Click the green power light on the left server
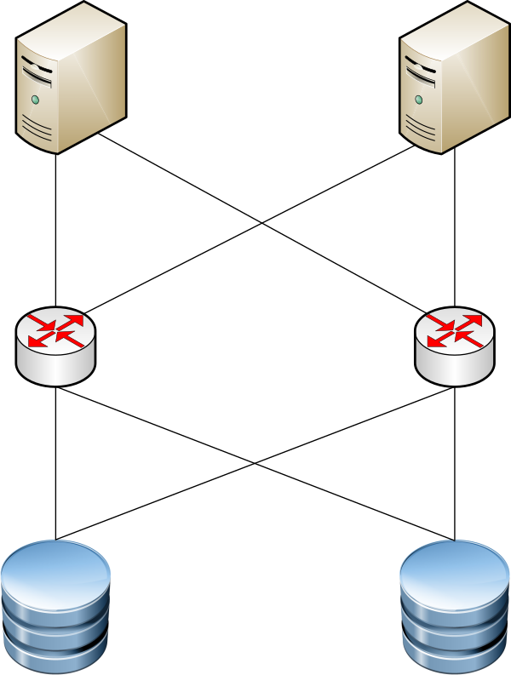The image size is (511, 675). coord(35,100)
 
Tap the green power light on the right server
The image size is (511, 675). coord(418,100)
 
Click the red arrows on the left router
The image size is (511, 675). coord(55,330)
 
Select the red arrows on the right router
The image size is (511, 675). coord(454,330)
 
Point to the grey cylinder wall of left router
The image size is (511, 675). coord(55,368)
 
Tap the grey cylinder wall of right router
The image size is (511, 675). coord(454,368)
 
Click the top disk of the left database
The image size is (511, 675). coord(55,573)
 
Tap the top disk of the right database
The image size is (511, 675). coord(455,573)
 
